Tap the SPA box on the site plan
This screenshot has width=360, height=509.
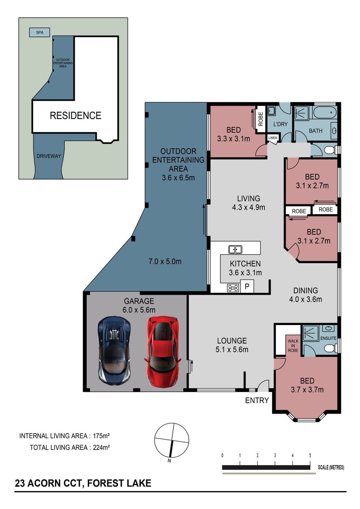pos(39,33)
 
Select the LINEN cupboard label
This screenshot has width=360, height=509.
pos(273,138)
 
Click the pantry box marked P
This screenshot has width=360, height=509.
pos(247,287)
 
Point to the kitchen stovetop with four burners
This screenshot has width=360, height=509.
pos(233,288)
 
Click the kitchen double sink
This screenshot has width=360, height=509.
pos(235,250)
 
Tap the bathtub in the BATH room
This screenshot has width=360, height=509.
pos(325,112)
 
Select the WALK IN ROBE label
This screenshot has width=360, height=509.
pos(293,346)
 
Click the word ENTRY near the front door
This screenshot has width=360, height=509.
pos(257,400)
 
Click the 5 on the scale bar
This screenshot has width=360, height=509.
pos(310,455)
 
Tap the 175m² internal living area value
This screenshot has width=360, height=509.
pos(101,436)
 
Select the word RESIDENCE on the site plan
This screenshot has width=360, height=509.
pos(75,115)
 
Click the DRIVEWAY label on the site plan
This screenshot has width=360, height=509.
pos(49,156)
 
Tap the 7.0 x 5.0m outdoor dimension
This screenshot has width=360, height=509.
pos(165,261)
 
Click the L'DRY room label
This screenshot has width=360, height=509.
pos(280,124)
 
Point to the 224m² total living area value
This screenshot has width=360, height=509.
pos(101,447)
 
